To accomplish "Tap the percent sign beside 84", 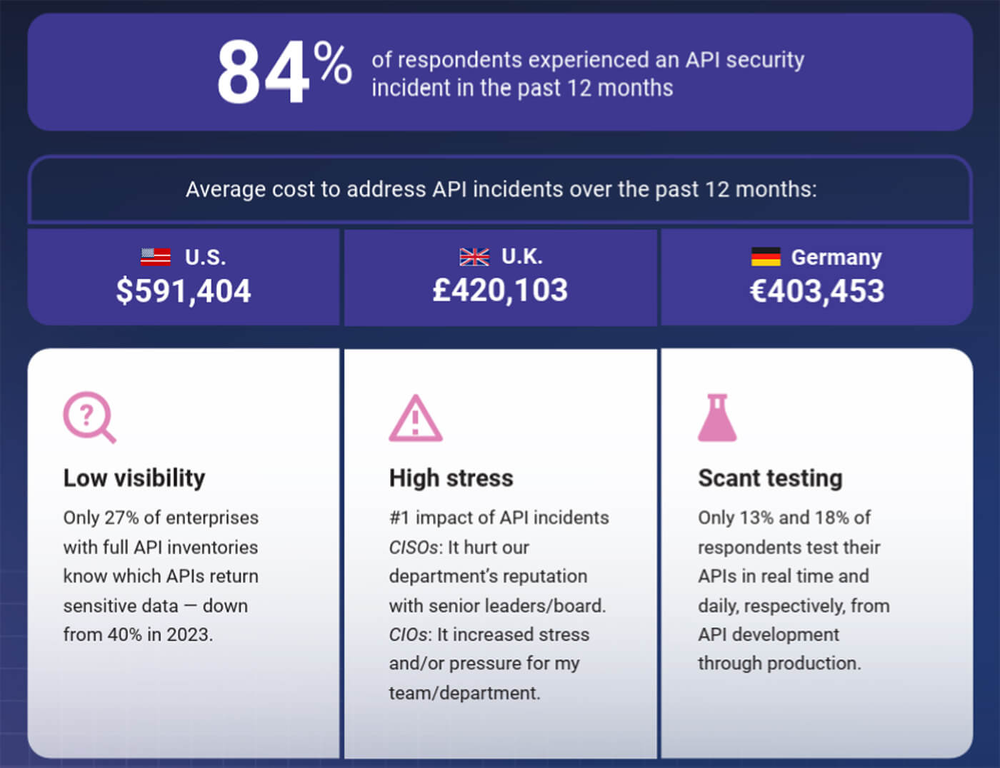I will pos(332,63).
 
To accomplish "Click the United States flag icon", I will pos(156,256).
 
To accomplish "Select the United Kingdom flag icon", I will pos(474,256).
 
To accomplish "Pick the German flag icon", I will pos(766,256).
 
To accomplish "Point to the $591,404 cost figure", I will pos(184,290).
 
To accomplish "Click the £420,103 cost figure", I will pos(500,290).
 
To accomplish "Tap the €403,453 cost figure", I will pos(816,290).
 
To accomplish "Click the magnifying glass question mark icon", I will pos(89,417).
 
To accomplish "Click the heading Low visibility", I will pos(134,478).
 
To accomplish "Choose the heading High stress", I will pos(451,478).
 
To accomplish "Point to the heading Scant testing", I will pos(770,478).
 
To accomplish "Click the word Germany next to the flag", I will pos(836,257).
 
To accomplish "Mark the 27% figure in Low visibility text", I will pos(121,517).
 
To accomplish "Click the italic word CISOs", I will pos(414,547).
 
